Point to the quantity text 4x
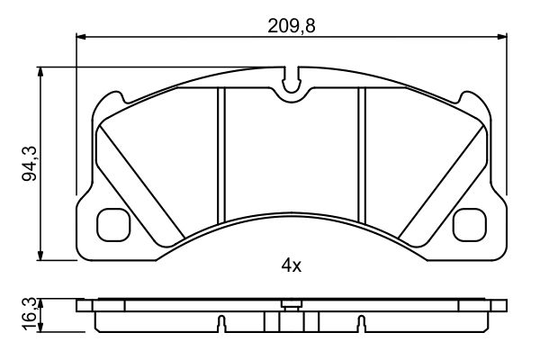(x=290, y=265)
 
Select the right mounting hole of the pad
(x=470, y=224)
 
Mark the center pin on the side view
(x=290, y=304)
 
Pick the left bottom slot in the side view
(x=221, y=322)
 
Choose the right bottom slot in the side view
(x=360, y=322)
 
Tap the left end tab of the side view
(x=85, y=306)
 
